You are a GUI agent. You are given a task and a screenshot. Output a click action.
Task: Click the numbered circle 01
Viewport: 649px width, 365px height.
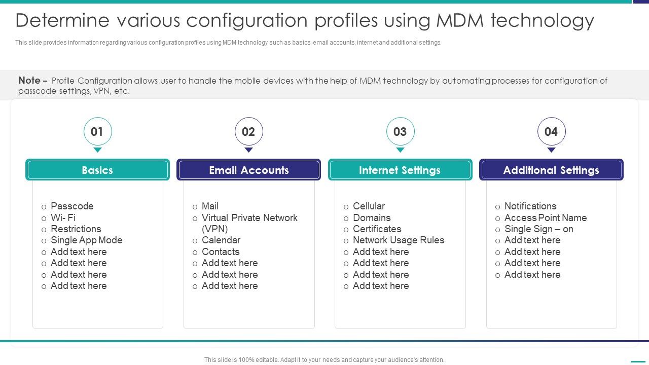point(97,132)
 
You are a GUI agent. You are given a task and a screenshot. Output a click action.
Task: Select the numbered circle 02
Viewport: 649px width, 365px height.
point(248,132)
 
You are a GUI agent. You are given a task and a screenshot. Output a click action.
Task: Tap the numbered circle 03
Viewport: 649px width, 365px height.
point(400,132)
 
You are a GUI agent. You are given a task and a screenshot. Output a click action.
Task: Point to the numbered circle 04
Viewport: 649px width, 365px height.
point(551,132)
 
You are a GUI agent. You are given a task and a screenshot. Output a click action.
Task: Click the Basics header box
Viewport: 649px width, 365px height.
point(97,170)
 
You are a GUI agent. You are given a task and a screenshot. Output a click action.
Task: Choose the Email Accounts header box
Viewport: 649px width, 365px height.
point(248,170)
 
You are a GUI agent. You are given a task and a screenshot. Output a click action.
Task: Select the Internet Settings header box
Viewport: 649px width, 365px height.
point(400,170)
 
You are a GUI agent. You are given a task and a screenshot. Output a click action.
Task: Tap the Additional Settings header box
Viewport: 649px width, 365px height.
point(551,170)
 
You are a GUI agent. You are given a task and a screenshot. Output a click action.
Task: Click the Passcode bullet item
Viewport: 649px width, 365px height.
point(72,206)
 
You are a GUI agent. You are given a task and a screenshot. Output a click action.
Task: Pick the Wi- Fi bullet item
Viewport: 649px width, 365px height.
point(63,218)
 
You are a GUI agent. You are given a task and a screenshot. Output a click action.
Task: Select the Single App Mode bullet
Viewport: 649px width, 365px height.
point(86,240)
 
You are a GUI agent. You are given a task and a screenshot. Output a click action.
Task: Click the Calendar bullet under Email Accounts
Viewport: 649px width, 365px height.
point(221,240)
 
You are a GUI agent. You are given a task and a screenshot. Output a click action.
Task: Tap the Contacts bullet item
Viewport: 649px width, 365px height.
point(220,252)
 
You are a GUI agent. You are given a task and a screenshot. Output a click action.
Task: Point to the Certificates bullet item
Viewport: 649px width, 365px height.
point(377,229)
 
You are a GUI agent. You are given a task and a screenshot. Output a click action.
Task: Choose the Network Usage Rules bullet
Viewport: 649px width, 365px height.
point(398,240)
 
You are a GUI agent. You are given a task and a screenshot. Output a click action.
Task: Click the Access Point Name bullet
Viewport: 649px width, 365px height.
point(545,218)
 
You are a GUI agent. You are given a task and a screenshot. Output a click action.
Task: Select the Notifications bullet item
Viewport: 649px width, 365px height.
point(530,206)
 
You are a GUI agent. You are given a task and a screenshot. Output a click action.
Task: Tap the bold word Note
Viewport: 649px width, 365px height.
point(29,80)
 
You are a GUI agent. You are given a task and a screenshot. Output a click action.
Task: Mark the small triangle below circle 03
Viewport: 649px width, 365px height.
point(400,150)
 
